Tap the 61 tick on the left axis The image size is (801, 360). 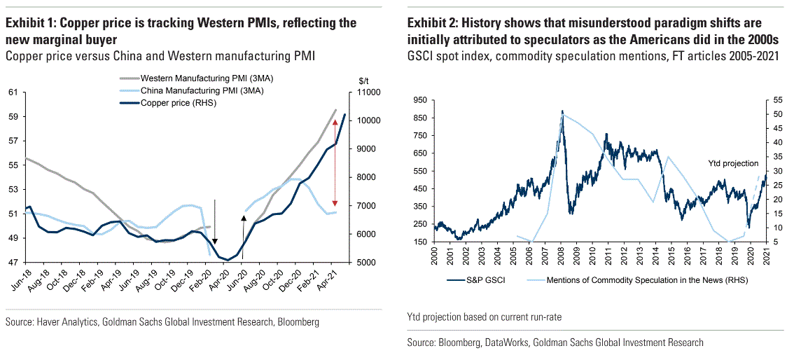click(13, 92)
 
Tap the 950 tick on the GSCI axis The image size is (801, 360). click(419, 100)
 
